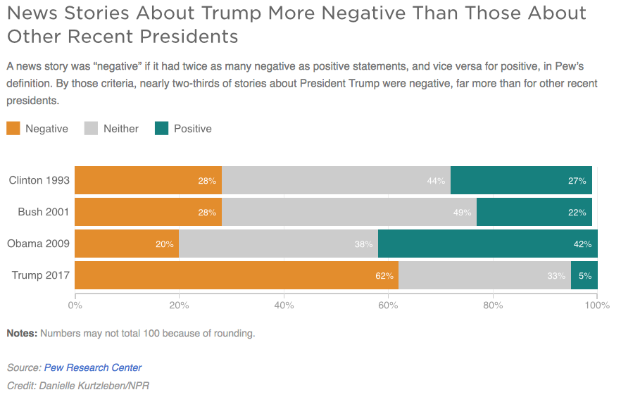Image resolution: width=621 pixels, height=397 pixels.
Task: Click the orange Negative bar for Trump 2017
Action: pyautogui.click(x=236, y=275)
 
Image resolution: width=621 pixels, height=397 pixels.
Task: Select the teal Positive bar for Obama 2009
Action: pyautogui.click(x=487, y=244)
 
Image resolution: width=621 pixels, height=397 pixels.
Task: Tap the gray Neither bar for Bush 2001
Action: pyautogui.click(x=349, y=212)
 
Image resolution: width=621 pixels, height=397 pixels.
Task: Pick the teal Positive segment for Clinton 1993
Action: pyautogui.click(x=521, y=180)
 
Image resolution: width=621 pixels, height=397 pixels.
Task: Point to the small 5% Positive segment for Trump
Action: pyautogui.click(x=584, y=275)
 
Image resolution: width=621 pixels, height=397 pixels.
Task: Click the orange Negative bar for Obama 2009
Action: pyautogui.click(x=127, y=244)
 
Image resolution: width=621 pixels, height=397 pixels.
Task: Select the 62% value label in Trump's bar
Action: pyautogui.click(x=384, y=276)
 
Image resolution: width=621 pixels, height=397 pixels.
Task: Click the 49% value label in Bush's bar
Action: pyautogui.click(x=463, y=213)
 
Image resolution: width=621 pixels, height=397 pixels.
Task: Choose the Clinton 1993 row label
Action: pyautogui.click(x=39, y=180)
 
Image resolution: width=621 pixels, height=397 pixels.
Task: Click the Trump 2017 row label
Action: pyautogui.click(x=41, y=275)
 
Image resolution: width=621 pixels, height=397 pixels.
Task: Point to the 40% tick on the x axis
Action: pyautogui.click(x=284, y=305)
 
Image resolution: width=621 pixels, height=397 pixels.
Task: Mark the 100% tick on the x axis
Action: pyautogui.click(x=597, y=305)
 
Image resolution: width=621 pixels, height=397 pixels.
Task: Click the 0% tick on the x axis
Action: pyautogui.click(x=75, y=305)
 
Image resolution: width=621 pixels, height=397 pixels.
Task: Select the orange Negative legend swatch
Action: pyautogui.click(x=13, y=128)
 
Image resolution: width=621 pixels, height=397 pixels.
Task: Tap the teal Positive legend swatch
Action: pyautogui.click(x=161, y=128)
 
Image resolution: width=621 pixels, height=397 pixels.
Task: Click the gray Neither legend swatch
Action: pyautogui.click(x=91, y=128)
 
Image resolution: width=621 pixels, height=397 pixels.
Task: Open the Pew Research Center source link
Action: pyautogui.click(x=93, y=367)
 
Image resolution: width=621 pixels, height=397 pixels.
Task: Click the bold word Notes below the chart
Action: pyautogui.click(x=22, y=334)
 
